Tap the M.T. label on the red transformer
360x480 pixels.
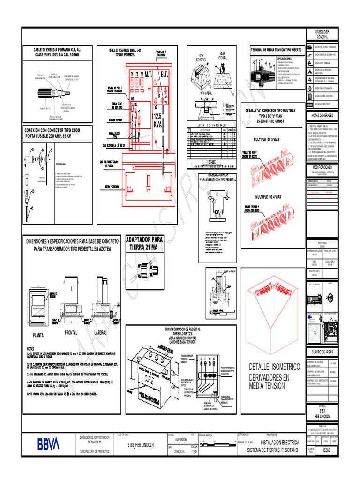point(149,75)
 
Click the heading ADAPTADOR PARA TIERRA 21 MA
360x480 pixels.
point(144,243)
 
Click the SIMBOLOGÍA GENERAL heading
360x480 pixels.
point(322,34)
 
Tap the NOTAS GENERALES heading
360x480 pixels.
point(322,115)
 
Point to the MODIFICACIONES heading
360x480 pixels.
point(322,167)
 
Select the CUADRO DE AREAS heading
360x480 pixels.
point(322,352)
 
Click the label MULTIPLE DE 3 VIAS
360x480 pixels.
point(266,140)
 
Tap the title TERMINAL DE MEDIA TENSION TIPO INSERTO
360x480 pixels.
point(277,49)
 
